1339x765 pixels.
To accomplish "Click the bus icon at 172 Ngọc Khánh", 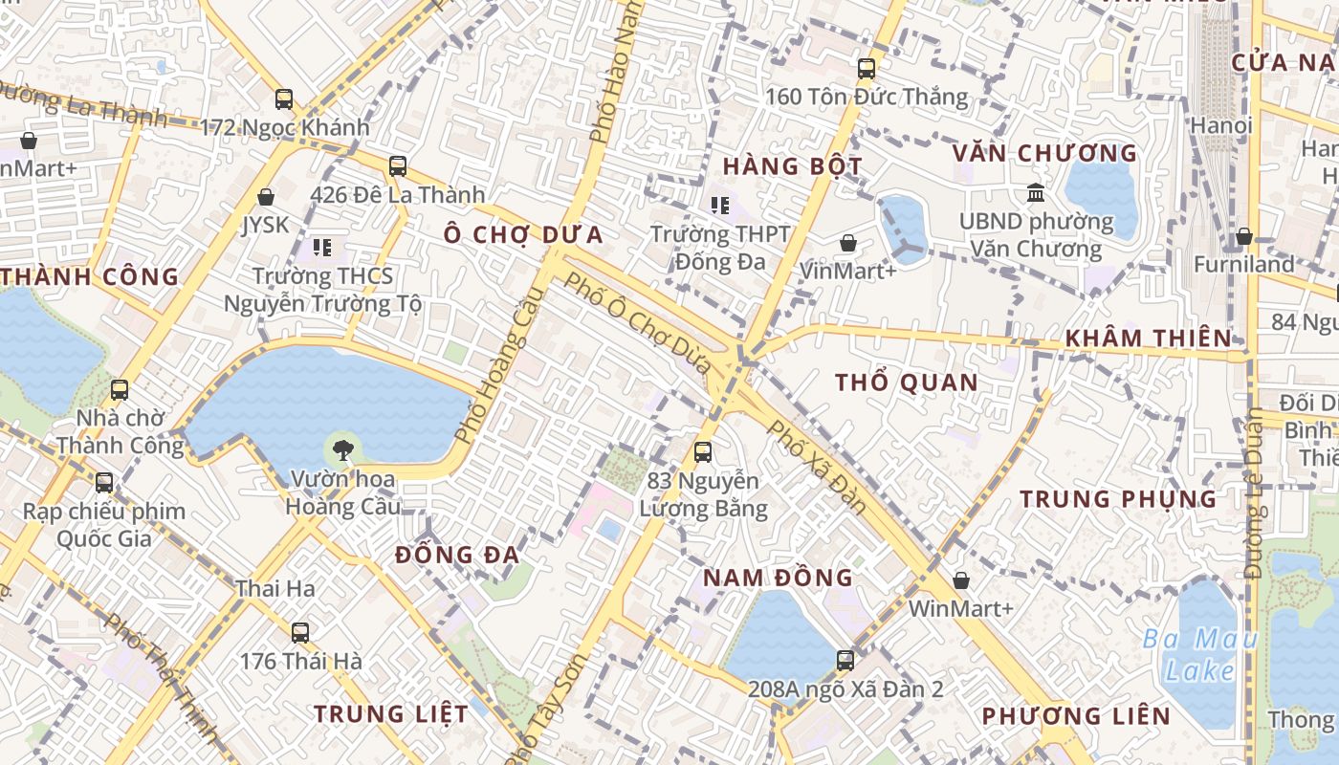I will (x=284, y=98).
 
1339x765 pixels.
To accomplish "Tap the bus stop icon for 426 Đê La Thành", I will (x=398, y=166).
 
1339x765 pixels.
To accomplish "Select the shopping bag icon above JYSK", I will (x=266, y=197).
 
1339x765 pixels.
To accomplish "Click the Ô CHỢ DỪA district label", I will (x=523, y=235).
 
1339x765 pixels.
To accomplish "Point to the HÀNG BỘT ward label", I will (x=792, y=166).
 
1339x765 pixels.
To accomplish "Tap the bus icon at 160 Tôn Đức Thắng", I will (x=867, y=69).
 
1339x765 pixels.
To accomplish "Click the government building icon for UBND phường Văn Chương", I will (x=1036, y=193).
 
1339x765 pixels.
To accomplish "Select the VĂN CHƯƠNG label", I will (x=1044, y=154).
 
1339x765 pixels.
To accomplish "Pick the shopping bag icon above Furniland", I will (x=1244, y=235).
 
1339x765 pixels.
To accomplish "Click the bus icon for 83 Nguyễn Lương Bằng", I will (x=703, y=452).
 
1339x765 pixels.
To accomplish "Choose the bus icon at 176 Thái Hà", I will (x=300, y=632).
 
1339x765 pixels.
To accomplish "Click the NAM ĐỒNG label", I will (x=778, y=578).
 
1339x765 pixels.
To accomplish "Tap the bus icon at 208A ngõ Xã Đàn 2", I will (x=845, y=660).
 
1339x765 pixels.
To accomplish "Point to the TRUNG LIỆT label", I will (x=391, y=714).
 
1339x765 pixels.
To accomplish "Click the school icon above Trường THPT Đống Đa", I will (x=720, y=205).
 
